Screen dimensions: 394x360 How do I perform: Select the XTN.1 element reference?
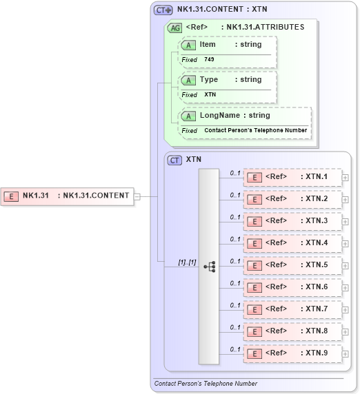point(292,177)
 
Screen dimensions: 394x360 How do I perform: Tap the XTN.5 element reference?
point(292,265)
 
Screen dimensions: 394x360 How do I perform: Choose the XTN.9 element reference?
point(292,353)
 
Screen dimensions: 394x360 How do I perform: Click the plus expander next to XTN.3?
point(346,221)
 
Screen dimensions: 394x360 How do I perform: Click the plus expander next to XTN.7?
point(346,309)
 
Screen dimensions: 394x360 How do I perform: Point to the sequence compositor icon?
point(209,265)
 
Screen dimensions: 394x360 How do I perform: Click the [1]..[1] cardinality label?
point(187,262)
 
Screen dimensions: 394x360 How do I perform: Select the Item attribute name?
point(208,44)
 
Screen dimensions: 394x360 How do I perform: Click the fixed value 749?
point(209,59)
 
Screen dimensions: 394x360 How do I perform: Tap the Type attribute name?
point(209,80)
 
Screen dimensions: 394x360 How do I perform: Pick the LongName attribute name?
point(220,116)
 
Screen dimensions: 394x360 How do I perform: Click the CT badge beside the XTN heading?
point(175,160)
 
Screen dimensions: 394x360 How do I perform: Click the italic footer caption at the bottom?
point(206,384)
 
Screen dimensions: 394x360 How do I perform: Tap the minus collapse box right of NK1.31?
point(137,196)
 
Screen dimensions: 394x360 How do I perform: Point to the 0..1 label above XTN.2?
point(234,195)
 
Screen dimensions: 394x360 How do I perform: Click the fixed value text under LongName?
point(255,130)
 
